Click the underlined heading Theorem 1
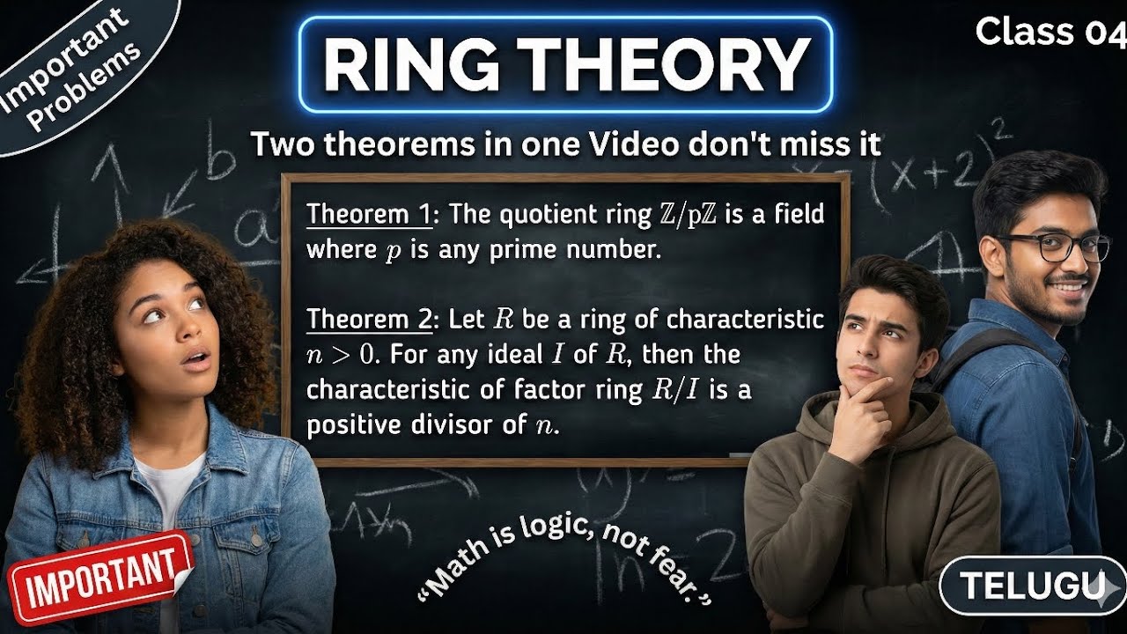click(x=363, y=214)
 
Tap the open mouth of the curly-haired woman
click(x=197, y=359)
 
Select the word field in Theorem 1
click(x=797, y=214)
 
